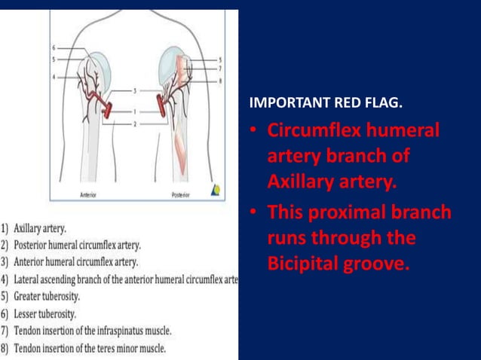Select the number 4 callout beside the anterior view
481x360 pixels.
[x=54, y=76]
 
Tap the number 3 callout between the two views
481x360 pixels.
[x=134, y=90]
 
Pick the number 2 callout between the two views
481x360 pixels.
[x=134, y=122]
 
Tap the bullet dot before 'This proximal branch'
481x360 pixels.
[x=254, y=213]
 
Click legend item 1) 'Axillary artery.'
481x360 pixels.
[x=38, y=227]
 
